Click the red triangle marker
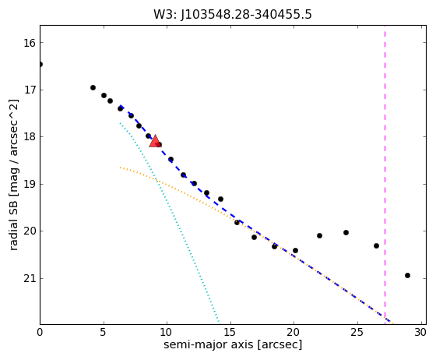(155, 141)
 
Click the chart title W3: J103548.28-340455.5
(233, 15)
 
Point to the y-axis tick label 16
(30, 43)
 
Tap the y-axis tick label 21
(30, 279)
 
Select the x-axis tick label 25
(357, 332)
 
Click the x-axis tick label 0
(40, 332)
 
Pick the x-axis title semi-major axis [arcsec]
(233, 344)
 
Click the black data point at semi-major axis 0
(40, 64)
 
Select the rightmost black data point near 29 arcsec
(407, 275)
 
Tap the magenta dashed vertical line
(385, 175)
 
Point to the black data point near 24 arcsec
(346, 232)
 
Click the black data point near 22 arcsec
(319, 235)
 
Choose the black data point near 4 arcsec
(93, 87)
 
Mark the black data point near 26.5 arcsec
(376, 245)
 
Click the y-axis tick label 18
(30, 137)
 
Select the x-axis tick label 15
(230, 332)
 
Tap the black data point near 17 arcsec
(254, 238)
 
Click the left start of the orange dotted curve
(120, 168)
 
